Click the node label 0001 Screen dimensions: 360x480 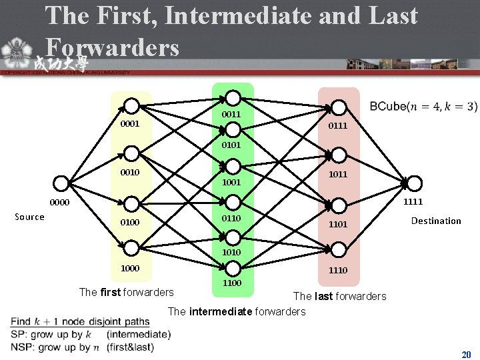[130, 124]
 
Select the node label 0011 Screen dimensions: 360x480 [231, 115]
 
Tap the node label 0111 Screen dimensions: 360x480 [337, 125]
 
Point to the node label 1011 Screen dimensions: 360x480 [337, 174]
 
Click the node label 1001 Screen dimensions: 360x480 [231, 181]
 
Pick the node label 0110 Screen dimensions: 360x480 [231, 218]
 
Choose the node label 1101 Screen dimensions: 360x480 [337, 225]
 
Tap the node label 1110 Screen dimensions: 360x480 [337, 270]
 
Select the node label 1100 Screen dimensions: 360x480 [231, 284]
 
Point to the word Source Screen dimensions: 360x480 [29, 217]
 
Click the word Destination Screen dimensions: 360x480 [436, 221]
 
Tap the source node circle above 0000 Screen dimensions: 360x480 [62, 184]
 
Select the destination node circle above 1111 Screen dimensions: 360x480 [414, 184]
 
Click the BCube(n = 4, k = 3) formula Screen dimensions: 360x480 [423, 107]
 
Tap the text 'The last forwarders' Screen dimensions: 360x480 [339, 296]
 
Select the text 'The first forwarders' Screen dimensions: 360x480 [126, 291]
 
